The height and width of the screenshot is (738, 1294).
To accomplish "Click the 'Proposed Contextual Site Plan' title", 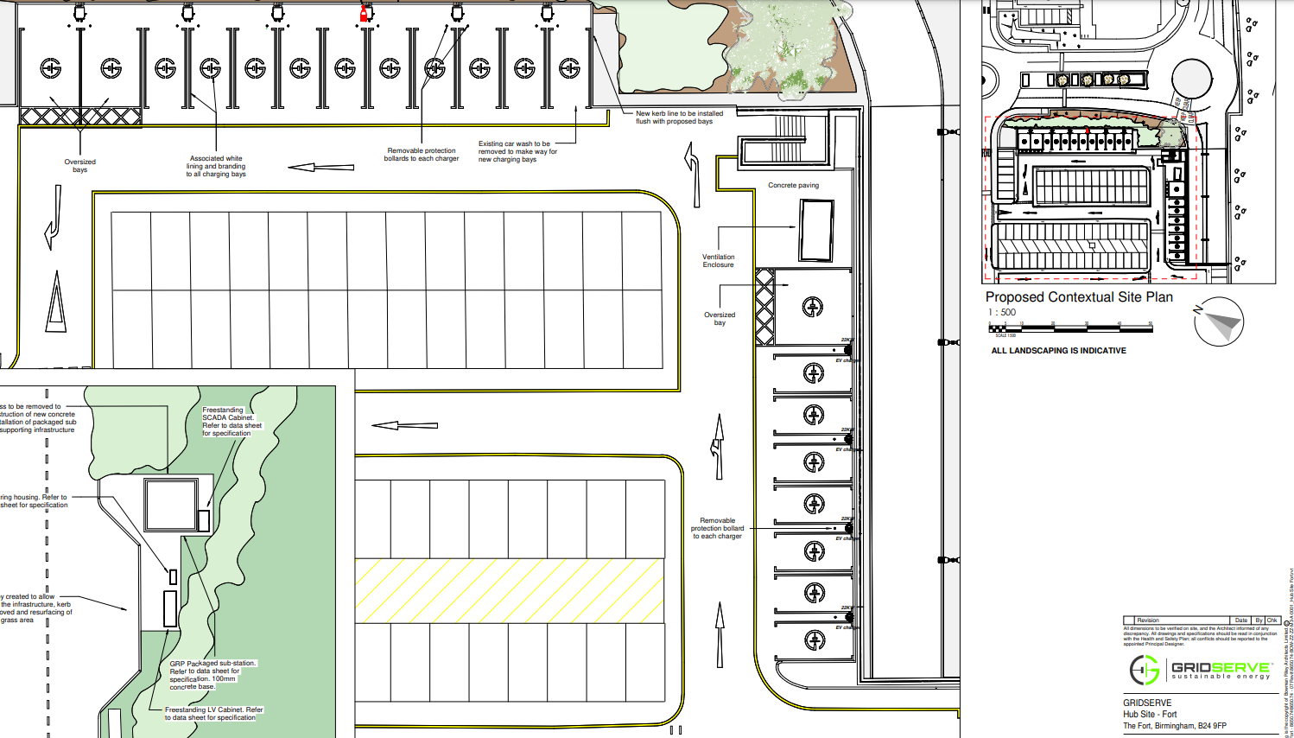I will click(1079, 297).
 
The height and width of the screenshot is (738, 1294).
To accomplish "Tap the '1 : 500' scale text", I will click(1002, 313).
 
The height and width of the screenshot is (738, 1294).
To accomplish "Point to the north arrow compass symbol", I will click(1220, 321).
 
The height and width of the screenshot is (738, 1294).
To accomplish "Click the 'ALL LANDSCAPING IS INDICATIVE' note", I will click(1058, 351).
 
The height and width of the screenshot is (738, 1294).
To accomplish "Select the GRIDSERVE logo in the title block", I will click(1200, 670).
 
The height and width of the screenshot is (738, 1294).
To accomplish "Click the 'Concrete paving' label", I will click(793, 186).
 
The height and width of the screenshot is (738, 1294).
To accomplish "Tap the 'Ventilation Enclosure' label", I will click(718, 261).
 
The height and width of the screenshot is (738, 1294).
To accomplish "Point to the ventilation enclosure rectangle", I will click(816, 230).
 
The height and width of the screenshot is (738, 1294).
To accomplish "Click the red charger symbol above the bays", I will click(365, 13).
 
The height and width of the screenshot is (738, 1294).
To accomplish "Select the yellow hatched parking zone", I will click(510, 590).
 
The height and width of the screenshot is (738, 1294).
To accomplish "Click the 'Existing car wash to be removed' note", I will click(517, 151).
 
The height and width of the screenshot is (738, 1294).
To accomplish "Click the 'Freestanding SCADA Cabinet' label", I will click(231, 422).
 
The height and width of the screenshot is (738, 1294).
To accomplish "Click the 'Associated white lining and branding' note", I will click(216, 166).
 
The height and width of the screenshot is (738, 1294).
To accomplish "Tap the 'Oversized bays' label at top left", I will click(79, 166).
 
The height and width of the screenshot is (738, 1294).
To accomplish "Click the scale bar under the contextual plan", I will click(1070, 328).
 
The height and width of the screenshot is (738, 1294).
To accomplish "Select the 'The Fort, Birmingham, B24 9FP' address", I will click(1174, 726).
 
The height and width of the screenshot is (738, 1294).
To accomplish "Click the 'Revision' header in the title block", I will click(1148, 620).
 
